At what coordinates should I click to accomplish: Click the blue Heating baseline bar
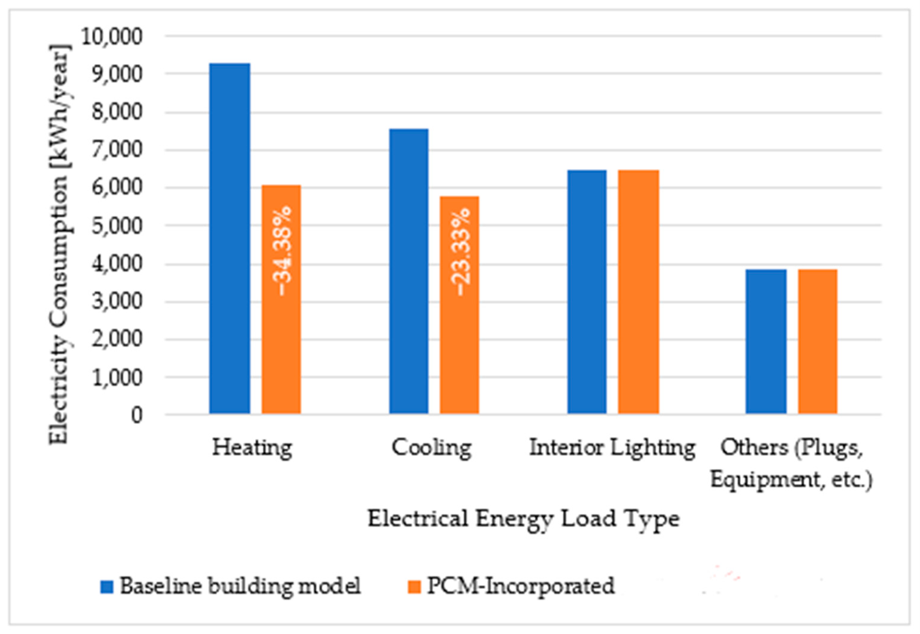point(230,238)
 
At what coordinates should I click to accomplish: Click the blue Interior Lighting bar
point(587,292)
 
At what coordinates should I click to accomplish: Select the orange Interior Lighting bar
point(638,292)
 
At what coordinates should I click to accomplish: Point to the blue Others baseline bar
point(766,342)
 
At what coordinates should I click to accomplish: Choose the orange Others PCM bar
point(817,342)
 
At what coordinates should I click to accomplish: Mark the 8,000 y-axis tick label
point(117,112)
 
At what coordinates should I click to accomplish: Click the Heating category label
point(252,448)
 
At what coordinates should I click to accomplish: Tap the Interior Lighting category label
point(612,448)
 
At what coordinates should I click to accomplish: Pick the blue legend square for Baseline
point(107,587)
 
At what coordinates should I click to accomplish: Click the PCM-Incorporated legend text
point(521,586)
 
